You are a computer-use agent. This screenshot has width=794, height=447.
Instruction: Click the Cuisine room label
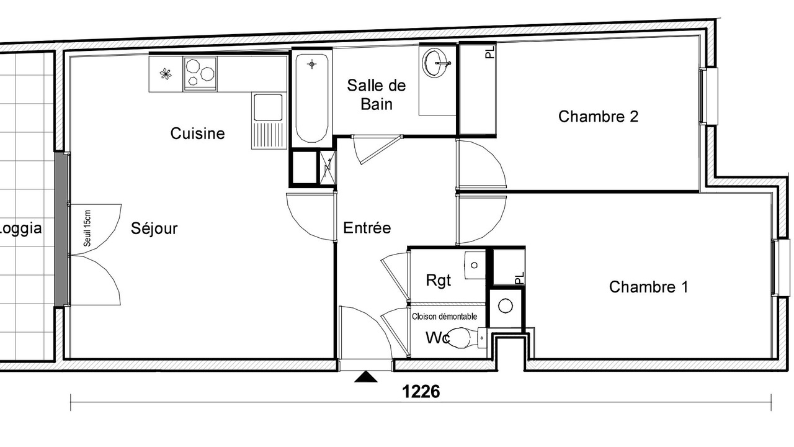coord(197,133)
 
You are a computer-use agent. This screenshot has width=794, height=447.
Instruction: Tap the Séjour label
coord(154,228)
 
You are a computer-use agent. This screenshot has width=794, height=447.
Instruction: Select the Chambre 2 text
coord(599,116)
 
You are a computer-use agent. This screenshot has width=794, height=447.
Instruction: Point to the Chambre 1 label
coord(649,287)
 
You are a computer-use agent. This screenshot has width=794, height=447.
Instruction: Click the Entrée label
coord(367,228)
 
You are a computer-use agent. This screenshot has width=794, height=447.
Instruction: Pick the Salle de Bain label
coord(377,95)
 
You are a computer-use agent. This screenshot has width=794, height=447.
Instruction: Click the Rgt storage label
coord(438,280)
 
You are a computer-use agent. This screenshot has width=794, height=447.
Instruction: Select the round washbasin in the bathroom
coord(437,63)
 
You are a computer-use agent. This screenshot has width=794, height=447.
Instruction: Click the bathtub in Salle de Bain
coord(311,97)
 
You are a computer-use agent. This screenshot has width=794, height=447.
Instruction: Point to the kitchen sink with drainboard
coord(269,120)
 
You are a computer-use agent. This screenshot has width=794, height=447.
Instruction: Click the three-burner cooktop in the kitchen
coord(200,74)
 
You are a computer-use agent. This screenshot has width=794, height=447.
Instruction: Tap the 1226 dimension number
coord(421,392)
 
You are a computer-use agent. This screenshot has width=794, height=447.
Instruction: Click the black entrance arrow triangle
coord(366,377)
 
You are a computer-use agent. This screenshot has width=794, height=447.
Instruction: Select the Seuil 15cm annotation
coord(87,228)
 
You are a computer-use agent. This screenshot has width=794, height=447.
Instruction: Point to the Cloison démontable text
coord(445,317)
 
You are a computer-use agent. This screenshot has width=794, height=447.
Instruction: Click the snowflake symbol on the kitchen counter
coord(165,74)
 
